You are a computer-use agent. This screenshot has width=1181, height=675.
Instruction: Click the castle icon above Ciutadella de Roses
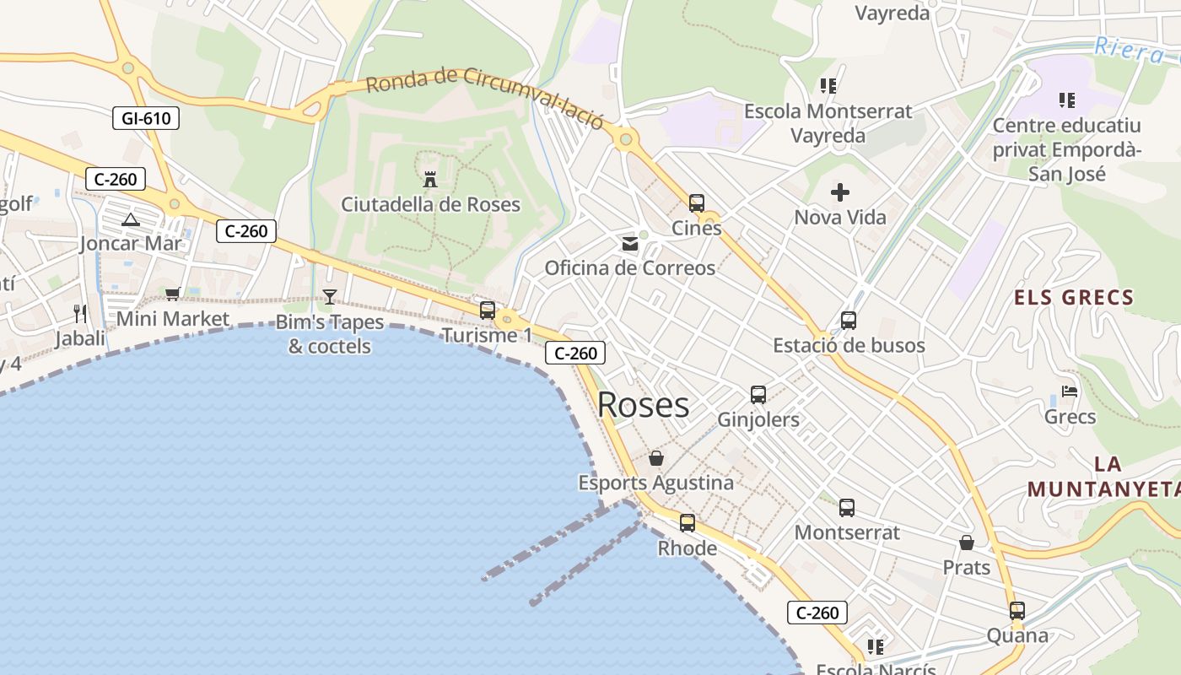coord(430,179)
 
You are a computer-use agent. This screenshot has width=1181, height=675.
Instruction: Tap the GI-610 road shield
coord(146,118)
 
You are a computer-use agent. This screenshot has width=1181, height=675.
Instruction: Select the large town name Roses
coord(643,405)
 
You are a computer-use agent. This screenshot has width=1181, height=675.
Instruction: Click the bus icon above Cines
coord(697,202)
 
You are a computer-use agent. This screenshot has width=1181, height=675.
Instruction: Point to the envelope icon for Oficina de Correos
coord(629,244)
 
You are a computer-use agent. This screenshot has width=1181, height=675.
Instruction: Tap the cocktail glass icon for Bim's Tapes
coord(329,296)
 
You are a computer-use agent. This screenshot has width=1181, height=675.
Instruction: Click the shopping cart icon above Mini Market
coord(173,294)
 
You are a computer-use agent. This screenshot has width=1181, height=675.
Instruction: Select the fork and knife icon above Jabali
coord(80,314)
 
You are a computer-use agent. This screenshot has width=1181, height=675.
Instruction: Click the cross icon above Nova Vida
coord(840,192)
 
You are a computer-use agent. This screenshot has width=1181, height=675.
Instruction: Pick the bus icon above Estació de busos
coord(849,321)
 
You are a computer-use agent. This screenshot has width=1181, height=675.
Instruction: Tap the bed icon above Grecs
coord(1070,391)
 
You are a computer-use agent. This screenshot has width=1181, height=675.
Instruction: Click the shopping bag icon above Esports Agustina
coord(656,458)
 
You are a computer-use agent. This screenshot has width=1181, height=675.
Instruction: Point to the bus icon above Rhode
coord(688,523)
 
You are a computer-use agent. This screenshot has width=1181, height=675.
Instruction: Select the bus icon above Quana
coord(1017,610)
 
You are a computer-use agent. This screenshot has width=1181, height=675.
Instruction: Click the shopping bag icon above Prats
coord(967,543)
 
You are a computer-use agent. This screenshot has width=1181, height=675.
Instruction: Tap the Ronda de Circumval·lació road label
coord(485,98)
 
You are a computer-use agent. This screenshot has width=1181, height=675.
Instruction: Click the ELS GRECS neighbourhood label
coord(1074,297)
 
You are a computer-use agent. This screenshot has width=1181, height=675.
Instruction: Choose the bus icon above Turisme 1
coord(488,310)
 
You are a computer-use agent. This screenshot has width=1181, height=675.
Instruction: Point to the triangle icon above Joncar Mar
coord(130,220)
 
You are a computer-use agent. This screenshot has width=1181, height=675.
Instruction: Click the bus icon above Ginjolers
coord(758,394)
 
